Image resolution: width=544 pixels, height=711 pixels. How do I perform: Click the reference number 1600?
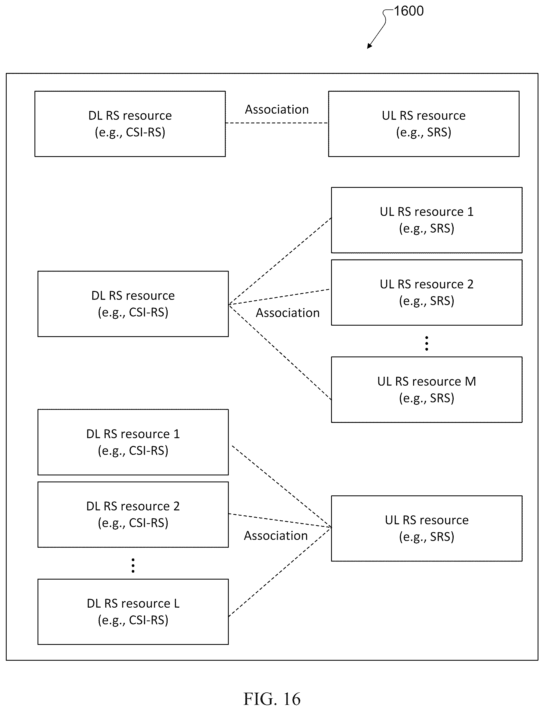pyautogui.click(x=409, y=11)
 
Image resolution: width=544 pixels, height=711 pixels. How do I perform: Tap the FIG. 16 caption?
pyautogui.click(x=272, y=699)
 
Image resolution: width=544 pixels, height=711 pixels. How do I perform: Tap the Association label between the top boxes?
pyautogui.click(x=277, y=109)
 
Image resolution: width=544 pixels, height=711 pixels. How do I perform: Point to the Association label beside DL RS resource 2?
pyautogui.click(x=276, y=536)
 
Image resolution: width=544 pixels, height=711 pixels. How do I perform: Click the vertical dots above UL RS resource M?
pyautogui.click(x=426, y=343)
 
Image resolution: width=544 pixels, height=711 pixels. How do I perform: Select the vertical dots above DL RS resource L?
pyautogui.click(x=133, y=565)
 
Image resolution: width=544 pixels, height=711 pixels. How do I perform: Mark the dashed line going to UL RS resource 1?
pyautogui.click(x=280, y=261)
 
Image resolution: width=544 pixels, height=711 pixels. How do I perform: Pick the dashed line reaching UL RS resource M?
pyautogui.click(x=280, y=352)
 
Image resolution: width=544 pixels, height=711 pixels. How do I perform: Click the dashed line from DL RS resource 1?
pyautogui.click(x=282, y=487)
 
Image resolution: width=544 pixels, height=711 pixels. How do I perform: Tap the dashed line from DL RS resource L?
pyautogui.click(x=280, y=572)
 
